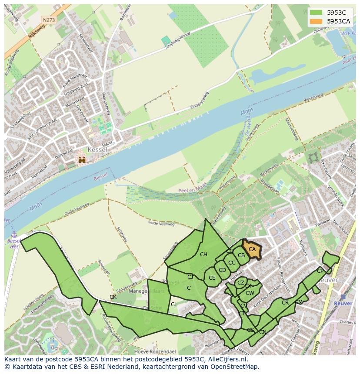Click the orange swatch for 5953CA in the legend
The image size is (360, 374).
[316, 21]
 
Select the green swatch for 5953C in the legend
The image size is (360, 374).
[316, 12]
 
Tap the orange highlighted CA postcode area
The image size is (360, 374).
[252, 249]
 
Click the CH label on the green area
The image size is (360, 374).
[203, 255]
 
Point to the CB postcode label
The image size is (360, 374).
[241, 255]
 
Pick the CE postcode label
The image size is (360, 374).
[212, 278]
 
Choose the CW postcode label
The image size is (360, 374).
[250, 293]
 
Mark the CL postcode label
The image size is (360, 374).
[174, 304]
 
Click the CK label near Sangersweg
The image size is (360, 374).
[113, 297]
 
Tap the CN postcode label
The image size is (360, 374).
[263, 332]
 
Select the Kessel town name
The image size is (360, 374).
[97, 149]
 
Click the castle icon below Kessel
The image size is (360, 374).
[82, 160]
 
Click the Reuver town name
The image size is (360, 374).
[328, 280]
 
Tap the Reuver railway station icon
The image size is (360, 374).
[343, 297]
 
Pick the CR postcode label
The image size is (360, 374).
[285, 303]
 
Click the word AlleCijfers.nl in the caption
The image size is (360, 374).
[227, 360]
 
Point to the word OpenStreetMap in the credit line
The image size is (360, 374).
[235, 367]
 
